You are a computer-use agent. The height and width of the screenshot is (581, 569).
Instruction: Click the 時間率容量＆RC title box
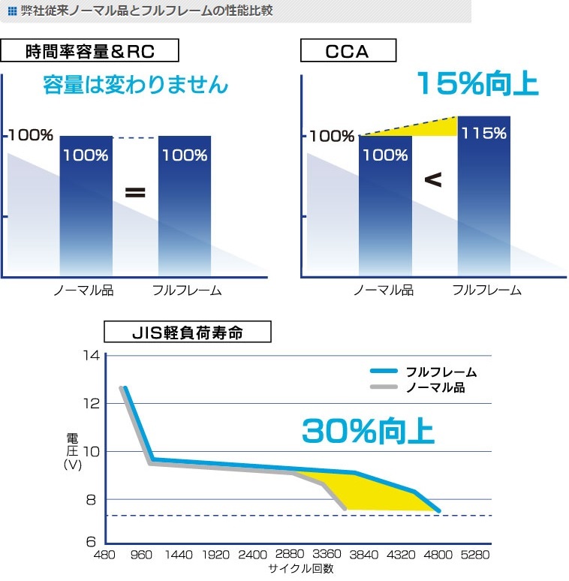[x=89, y=51]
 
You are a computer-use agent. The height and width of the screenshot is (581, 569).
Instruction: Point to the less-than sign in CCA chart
[x=433, y=180]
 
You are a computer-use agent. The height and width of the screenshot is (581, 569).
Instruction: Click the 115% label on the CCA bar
[x=483, y=134]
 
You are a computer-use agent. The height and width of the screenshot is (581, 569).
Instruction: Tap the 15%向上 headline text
[x=477, y=83]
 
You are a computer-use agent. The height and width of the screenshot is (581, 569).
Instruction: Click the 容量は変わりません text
[x=135, y=84]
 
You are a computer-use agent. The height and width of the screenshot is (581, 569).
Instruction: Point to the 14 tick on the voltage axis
[x=91, y=355]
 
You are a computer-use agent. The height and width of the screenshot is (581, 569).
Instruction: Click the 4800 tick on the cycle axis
[x=438, y=555]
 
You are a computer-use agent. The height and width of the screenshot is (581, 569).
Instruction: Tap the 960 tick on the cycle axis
[x=142, y=555]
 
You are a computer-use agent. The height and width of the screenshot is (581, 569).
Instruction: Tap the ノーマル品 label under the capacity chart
[x=83, y=290]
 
